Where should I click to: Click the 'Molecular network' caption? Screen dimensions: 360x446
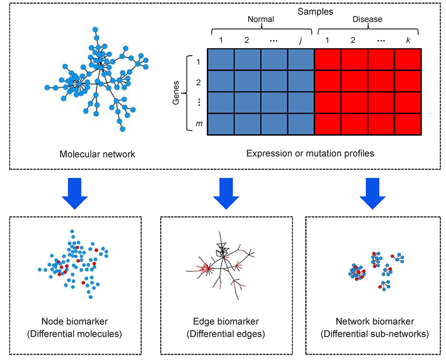[x=97, y=155]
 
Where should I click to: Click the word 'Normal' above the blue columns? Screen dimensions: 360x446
[x=261, y=20]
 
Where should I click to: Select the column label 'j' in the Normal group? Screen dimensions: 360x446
[x=301, y=41]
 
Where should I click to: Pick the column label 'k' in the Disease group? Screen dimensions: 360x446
[x=408, y=41]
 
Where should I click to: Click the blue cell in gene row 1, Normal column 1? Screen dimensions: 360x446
[x=221, y=59]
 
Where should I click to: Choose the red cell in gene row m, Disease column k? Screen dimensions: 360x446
[x=408, y=124]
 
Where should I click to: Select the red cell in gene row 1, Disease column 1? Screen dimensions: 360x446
[x=328, y=59]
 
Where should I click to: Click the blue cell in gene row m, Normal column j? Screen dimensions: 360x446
[x=301, y=124]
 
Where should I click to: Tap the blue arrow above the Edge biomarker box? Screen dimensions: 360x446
[x=226, y=193]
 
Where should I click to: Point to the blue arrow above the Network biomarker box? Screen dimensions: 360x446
[x=373, y=193]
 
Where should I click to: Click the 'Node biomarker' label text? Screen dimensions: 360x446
[x=74, y=322]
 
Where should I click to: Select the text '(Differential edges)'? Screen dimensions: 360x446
[x=226, y=334]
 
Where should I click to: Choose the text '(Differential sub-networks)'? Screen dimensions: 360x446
[x=375, y=334]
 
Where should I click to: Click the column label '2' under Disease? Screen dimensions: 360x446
[x=353, y=41]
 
